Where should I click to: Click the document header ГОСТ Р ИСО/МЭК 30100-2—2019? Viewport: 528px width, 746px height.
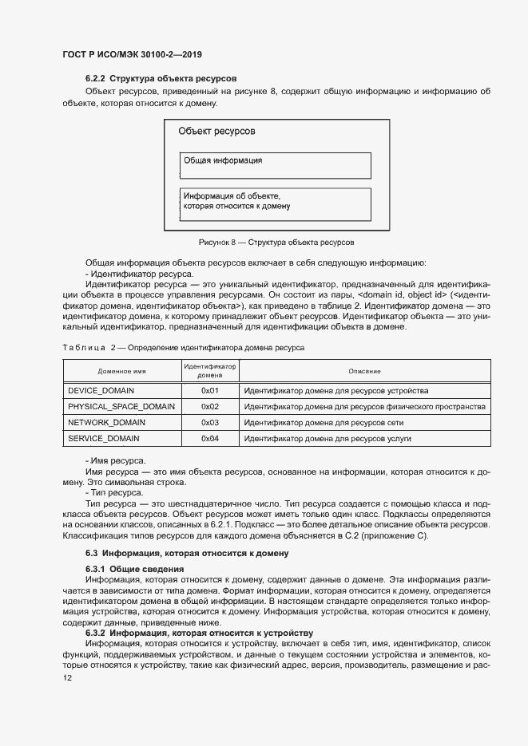click(132, 55)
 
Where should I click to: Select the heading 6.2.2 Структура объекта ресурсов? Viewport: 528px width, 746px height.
click(161, 80)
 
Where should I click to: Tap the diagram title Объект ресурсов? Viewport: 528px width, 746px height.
click(216, 131)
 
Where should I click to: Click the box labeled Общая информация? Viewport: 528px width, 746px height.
click(276, 165)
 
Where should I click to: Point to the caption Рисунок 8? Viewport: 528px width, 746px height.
click(276, 242)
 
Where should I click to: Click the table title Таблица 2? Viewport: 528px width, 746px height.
click(183, 348)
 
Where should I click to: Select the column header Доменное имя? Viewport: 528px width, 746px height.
click(121, 372)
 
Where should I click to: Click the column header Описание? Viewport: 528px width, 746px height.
click(364, 372)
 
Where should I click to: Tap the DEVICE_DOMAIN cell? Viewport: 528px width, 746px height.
click(101, 391)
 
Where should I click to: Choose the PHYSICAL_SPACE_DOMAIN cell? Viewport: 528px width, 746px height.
click(121, 407)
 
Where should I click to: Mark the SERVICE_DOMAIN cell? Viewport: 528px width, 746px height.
click(104, 439)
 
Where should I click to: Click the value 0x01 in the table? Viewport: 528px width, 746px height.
click(210, 391)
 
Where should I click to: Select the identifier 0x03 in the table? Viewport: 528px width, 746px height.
click(210, 423)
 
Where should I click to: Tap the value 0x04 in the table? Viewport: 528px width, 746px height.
click(210, 439)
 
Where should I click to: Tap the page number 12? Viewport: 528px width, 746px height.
click(68, 678)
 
